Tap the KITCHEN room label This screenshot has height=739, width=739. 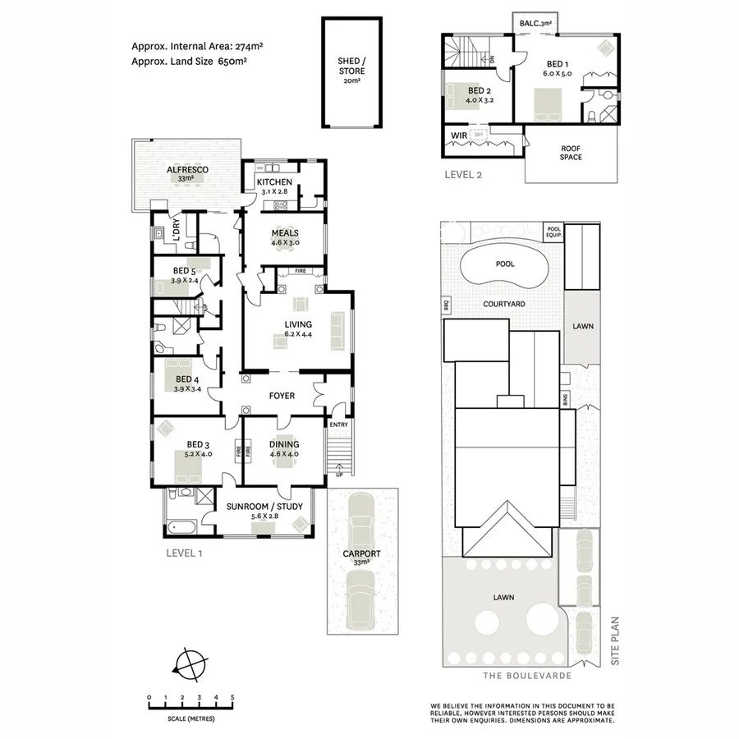(274, 181)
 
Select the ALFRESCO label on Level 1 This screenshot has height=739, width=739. (186, 169)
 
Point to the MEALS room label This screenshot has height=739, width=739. (285, 233)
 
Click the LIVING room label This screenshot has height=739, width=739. (297, 324)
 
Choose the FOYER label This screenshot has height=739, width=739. (282, 397)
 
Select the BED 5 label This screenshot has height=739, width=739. (184, 271)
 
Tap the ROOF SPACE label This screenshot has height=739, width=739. (571, 152)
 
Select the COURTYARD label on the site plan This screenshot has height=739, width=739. (504, 304)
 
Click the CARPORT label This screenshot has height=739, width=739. (361, 553)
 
